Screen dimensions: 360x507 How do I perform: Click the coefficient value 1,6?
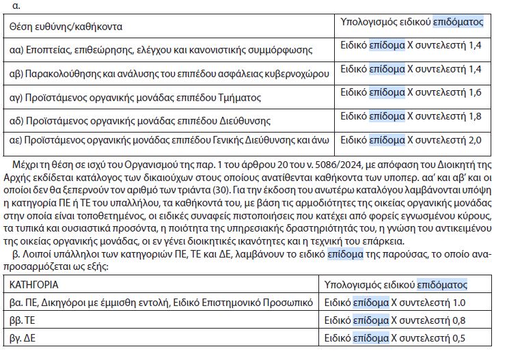tap(476, 92)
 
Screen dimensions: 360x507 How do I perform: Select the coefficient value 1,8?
tap(476, 116)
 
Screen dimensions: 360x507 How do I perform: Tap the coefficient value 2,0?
tap(476, 140)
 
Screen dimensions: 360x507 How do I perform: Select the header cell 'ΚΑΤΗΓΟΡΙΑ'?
tap(33, 283)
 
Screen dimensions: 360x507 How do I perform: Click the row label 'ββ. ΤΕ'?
tap(22, 320)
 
